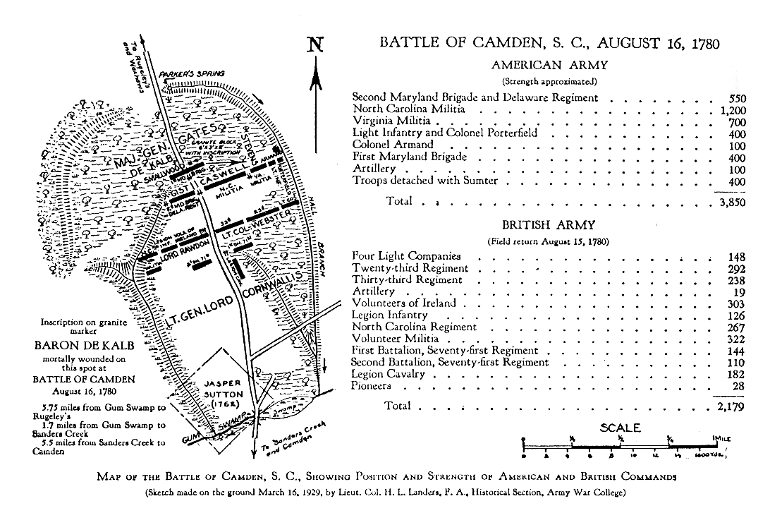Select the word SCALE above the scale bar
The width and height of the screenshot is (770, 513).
620,428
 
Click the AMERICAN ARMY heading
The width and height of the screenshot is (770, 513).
550,65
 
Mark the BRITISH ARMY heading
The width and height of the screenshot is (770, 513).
549,226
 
